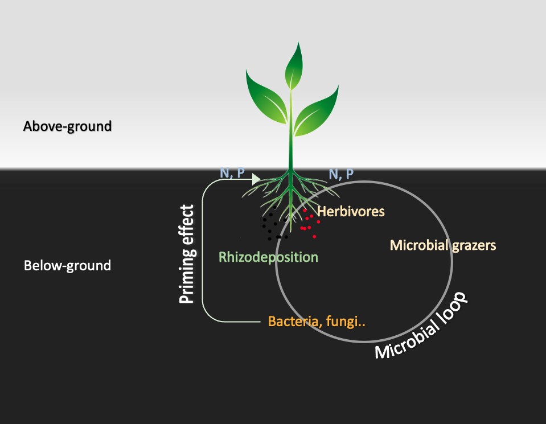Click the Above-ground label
point(67,126)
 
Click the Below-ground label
point(67,265)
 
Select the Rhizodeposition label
point(268,257)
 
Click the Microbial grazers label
point(443,246)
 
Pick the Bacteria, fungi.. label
point(317,322)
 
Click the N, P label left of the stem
point(232,172)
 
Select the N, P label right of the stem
point(341,173)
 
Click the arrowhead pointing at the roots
point(256,179)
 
